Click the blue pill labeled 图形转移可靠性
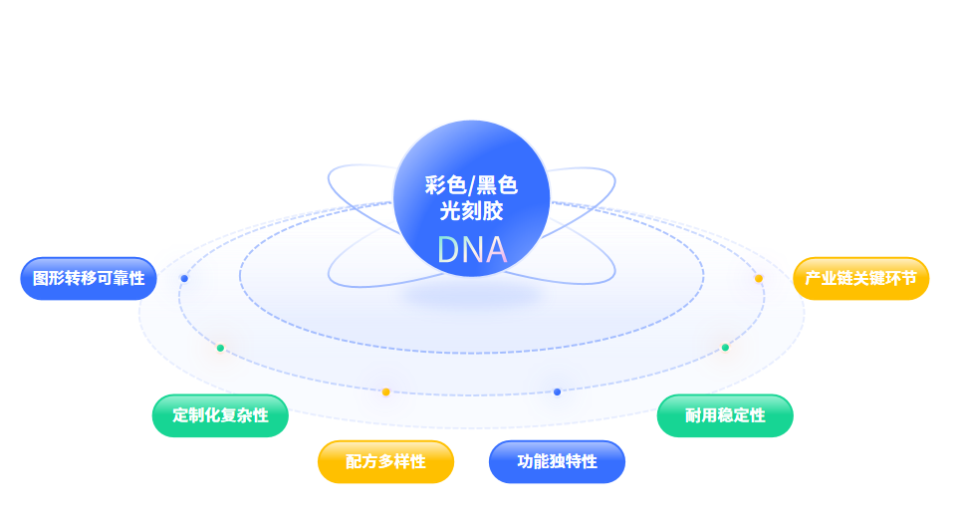(89, 279)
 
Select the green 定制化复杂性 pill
(220, 415)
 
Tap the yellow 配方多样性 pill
(385, 462)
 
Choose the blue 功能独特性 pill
(557, 462)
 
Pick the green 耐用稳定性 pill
(725, 415)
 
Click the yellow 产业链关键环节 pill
(860, 279)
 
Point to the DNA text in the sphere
(471, 250)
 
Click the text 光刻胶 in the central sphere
(471, 211)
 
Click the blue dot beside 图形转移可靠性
(184, 279)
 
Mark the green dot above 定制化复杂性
(220, 348)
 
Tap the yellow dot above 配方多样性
(385, 392)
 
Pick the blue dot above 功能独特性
(557, 392)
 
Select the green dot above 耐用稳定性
(725, 348)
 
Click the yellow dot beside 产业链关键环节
(759, 279)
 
